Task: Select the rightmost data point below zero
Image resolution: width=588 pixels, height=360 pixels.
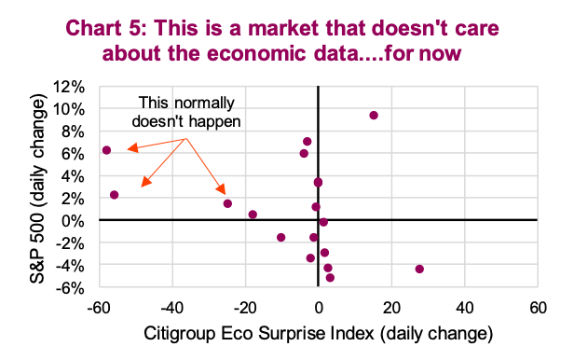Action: point(419,269)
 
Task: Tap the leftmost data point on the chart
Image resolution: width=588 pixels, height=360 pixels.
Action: point(106,150)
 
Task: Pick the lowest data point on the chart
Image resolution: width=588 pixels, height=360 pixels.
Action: point(330,278)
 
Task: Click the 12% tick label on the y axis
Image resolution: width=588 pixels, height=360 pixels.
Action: point(71,86)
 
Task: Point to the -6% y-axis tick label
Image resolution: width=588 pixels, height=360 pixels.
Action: point(73,288)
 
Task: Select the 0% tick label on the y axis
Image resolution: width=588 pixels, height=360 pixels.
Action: point(76,221)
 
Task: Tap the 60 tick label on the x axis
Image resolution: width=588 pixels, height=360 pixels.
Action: point(538,308)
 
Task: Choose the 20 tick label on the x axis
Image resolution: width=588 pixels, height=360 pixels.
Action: point(391,308)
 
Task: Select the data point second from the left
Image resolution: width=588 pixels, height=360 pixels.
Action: point(114,195)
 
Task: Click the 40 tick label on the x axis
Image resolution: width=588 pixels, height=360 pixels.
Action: point(464,308)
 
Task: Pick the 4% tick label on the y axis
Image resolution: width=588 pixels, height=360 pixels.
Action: point(75,176)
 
